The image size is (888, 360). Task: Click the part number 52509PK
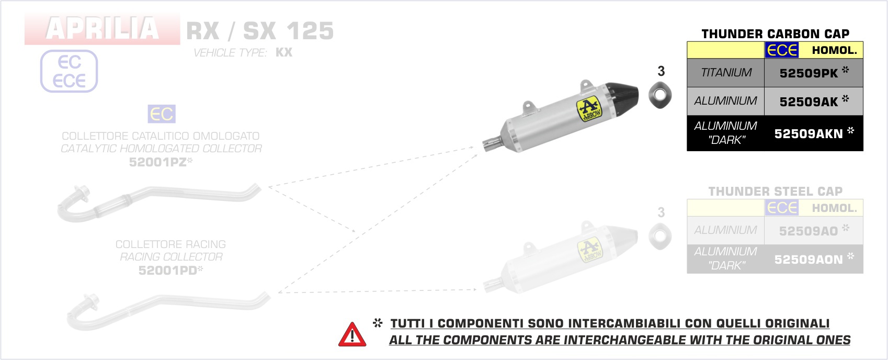tap(809, 73)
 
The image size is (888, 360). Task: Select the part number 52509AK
tap(809, 102)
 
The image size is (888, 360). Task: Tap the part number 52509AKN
tap(809, 134)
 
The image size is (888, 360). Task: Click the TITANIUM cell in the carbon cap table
tap(726, 73)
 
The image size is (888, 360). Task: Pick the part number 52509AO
tap(809, 231)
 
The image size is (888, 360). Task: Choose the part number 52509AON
tap(809, 260)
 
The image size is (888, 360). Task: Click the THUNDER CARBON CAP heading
tap(776, 33)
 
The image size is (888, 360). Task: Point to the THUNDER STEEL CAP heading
tap(776, 192)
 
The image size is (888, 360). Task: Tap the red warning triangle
tap(352, 334)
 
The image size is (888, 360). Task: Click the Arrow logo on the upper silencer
tap(589, 108)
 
